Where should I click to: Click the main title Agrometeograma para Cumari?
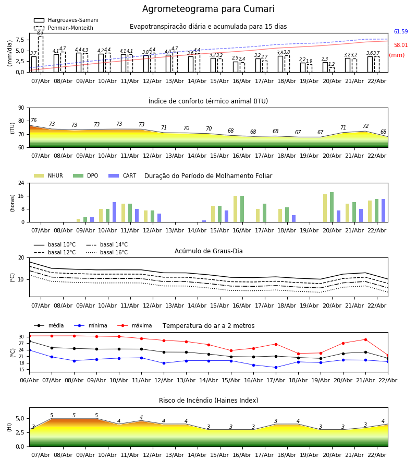(208, 9)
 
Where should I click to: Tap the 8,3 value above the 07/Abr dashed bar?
(40, 32)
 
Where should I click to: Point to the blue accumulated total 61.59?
(400, 32)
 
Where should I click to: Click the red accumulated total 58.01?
(400, 45)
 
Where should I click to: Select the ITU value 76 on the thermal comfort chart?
(33, 121)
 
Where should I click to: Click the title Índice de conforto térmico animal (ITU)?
(208, 101)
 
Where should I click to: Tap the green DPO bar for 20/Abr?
(332, 207)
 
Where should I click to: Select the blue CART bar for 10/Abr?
(114, 212)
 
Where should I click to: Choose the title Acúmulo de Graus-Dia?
(208, 251)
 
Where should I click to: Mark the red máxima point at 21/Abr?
(365, 339)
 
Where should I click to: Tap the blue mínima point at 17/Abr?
(276, 367)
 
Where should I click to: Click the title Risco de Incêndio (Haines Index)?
(208, 401)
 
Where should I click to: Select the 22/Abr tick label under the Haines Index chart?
(376, 455)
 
